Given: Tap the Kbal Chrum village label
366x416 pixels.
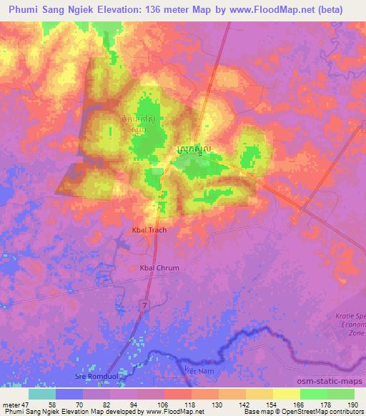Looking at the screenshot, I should point(159,267).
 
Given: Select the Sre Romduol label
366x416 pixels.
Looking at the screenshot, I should point(94,375).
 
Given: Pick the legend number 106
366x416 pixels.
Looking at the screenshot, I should point(164,403).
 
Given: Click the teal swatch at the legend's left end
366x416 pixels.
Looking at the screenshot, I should point(43,394).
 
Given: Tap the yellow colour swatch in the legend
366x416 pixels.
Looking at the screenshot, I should point(287,394).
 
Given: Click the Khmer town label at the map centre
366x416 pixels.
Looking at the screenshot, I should point(194,149).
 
